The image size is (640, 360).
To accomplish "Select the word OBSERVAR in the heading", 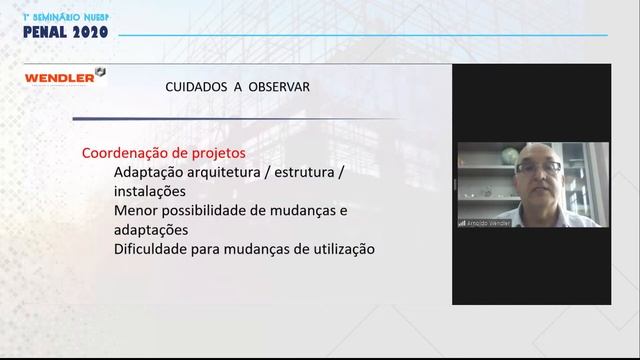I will (x=279, y=87).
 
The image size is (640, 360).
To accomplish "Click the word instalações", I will (x=150, y=191).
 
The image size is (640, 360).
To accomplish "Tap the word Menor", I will (x=135, y=211).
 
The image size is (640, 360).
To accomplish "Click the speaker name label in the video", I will (x=487, y=223).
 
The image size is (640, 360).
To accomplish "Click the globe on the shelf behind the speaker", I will (x=510, y=155).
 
